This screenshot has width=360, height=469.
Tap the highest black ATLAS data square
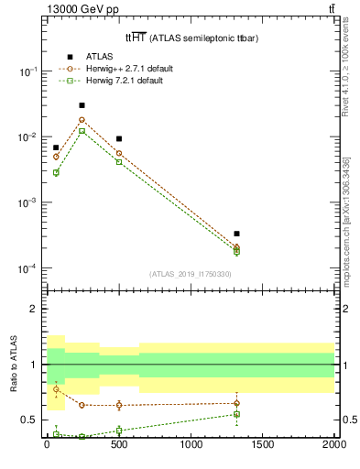tap(82, 105)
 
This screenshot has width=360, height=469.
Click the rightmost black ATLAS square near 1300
tap(236, 234)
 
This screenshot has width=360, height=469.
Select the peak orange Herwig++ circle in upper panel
tap(82, 119)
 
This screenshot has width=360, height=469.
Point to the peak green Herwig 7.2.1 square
tap(82, 131)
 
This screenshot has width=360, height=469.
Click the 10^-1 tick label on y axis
tap(27, 71)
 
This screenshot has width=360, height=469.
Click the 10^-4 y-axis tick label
tap(27, 269)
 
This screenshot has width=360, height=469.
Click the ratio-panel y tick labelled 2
tap(33, 310)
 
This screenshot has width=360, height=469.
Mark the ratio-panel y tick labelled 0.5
tap(29, 420)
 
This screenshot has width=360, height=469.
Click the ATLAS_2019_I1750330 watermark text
tap(191, 274)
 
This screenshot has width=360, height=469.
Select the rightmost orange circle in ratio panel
tap(236, 403)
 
